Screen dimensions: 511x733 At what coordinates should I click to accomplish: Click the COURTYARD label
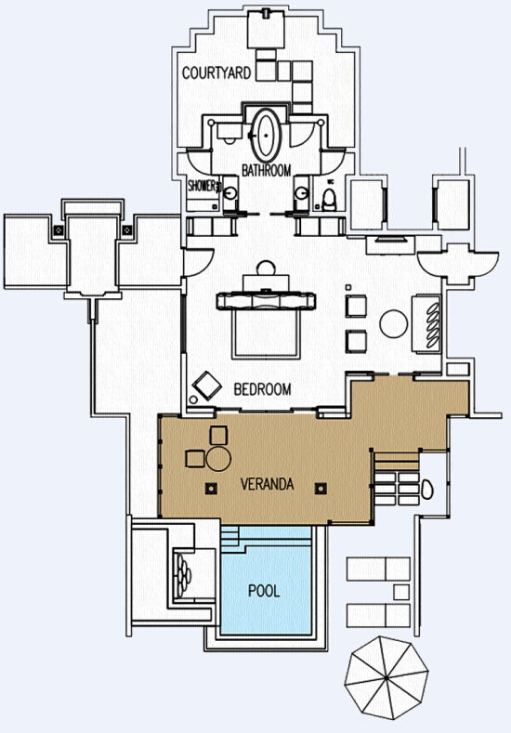[216, 72]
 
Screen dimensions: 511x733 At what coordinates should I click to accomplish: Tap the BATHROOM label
[266, 170]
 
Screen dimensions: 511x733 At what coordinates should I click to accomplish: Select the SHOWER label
[203, 186]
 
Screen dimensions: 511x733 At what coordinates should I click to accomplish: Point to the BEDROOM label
[262, 389]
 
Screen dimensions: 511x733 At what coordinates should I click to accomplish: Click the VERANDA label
[267, 484]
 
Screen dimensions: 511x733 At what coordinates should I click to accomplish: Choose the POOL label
[264, 591]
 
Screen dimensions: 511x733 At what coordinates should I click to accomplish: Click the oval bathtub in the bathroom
[266, 136]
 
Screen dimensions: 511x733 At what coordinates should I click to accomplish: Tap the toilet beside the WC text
[330, 200]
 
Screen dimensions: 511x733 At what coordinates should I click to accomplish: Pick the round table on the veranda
[218, 459]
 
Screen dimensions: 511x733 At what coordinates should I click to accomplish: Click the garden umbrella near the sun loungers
[387, 677]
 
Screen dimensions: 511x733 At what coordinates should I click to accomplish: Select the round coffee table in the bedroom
[394, 323]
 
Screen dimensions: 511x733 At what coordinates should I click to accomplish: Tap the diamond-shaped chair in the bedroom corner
[206, 386]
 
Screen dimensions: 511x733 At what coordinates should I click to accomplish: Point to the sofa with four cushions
[426, 324]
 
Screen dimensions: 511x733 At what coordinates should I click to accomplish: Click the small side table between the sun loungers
[401, 592]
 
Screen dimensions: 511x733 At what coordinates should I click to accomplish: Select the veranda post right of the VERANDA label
[321, 489]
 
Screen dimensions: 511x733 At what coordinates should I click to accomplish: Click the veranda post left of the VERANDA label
[211, 489]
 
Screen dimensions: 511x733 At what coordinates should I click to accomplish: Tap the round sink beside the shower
[230, 192]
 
